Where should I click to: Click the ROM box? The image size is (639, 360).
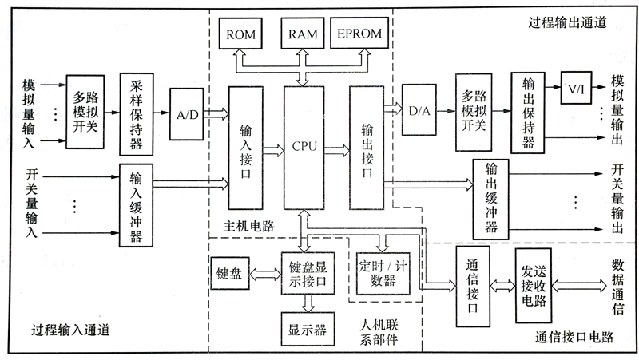tap(242, 34)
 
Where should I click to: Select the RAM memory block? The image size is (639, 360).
tap(303, 34)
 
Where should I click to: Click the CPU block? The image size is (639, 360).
tap(304, 147)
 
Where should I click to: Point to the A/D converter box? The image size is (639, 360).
tap(189, 114)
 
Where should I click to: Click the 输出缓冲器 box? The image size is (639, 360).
tap(490, 199)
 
